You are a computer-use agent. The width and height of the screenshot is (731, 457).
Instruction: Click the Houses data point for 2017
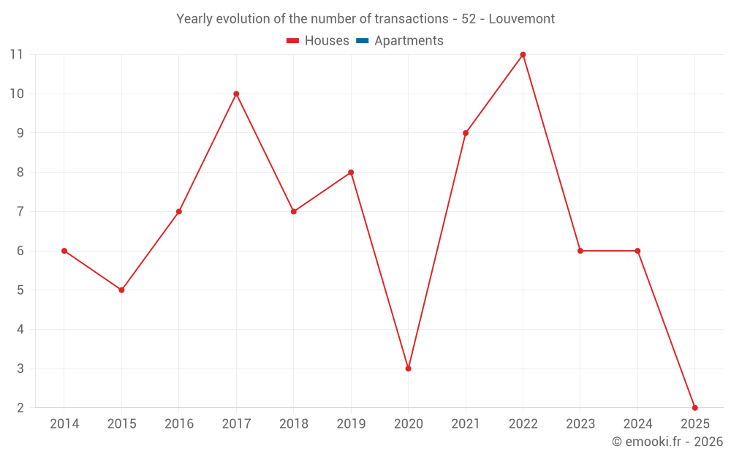(x=236, y=94)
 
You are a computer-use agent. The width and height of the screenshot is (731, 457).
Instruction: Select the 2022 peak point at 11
(x=523, y=55)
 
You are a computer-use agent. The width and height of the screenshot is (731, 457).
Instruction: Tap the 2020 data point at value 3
(x=408, y=369)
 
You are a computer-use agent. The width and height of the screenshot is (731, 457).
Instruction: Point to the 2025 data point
(x=694, y=407)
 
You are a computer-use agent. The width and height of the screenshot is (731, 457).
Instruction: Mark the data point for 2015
(x=121, y=290)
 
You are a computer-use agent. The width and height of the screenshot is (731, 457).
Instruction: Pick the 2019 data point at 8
(x=351, y=173)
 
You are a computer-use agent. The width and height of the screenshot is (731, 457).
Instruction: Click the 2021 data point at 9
(x=466, y=133)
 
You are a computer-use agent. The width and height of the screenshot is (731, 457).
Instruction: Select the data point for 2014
(x=64, y=251)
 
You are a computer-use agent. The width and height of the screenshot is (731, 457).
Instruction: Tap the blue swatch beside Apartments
(x=362, y=41)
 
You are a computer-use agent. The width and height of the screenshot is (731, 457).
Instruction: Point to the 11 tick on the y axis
(x=16, y=55)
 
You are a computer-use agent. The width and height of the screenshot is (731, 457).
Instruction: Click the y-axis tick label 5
(x=20, y=290)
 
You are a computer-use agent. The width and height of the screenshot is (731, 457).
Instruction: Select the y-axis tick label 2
(x=20, y=408)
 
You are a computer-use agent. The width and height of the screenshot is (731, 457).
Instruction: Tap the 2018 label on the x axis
(x=293, y=424)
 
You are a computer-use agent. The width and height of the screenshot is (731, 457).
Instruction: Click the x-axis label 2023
(x=580, y=424)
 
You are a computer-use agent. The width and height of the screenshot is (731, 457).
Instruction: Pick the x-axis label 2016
(x=179, y=424)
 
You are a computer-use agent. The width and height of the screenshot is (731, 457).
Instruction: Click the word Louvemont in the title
(x=521, y=19)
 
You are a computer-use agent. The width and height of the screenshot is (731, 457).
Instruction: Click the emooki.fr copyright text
(x=667, y=442)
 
